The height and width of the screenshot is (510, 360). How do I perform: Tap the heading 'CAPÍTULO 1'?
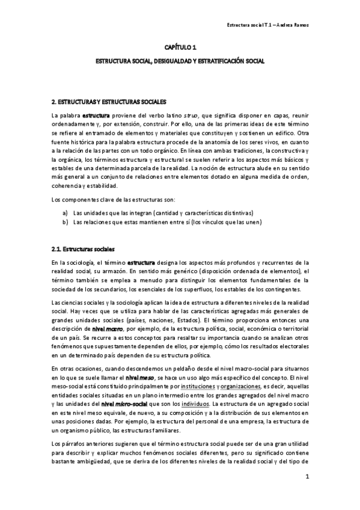click(180, 47)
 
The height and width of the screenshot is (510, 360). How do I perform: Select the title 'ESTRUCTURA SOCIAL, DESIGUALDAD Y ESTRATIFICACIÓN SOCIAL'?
click(180, 61)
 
